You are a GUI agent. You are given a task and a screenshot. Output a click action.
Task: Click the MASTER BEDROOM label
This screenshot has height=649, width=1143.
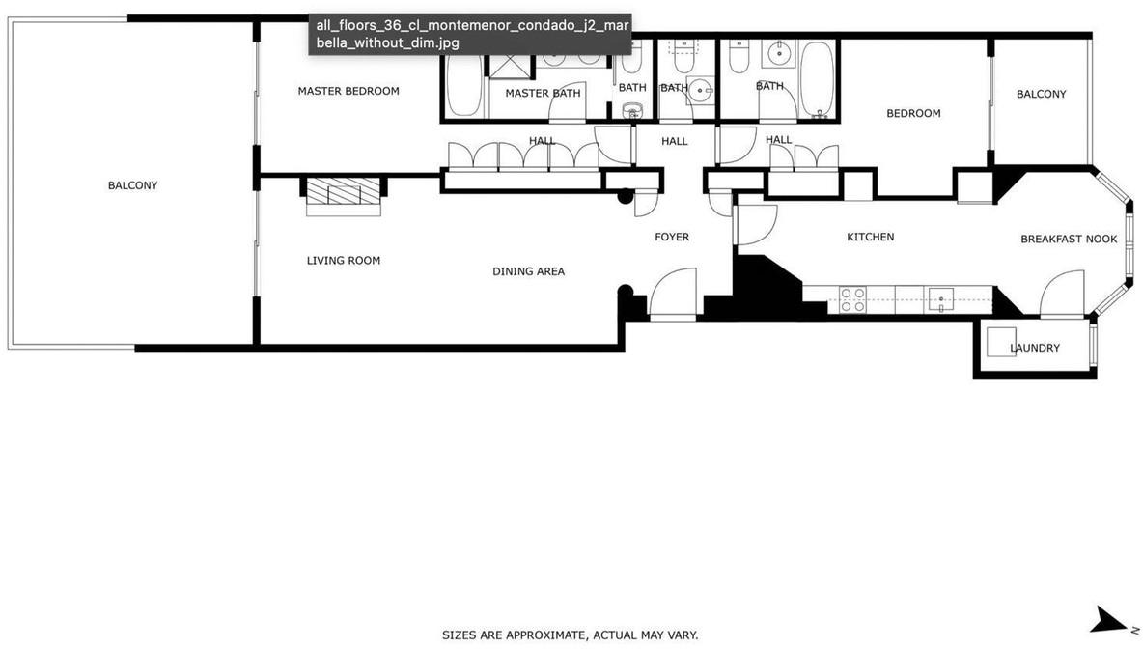point(348,91)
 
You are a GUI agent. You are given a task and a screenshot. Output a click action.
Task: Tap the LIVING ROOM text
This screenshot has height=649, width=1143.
point(344,261)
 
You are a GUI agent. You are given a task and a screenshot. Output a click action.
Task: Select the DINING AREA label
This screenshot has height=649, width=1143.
point(528,271)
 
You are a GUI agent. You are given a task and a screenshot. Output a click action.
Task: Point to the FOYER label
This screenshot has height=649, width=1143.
point(671,237)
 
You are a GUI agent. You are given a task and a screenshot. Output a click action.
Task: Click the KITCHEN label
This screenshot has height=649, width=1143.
point(871,237)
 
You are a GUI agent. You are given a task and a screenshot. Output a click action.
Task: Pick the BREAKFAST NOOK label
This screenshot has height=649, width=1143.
point(1069,240)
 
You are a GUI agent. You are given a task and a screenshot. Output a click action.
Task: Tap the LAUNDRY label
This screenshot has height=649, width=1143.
point(1035,348)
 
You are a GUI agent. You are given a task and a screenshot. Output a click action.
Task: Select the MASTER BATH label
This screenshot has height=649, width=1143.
point(544,94)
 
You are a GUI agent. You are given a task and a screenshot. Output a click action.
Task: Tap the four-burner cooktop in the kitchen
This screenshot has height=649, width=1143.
point(852,299)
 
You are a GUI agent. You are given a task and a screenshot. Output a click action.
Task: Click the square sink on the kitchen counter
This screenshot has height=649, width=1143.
point(941,299)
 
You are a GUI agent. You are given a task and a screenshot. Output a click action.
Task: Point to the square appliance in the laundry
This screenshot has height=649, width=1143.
point(1002,342)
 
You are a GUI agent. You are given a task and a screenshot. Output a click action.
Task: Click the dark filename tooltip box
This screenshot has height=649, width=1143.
point(469,34)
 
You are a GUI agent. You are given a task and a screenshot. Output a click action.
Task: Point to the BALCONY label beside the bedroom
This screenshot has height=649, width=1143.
point(1041,94)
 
